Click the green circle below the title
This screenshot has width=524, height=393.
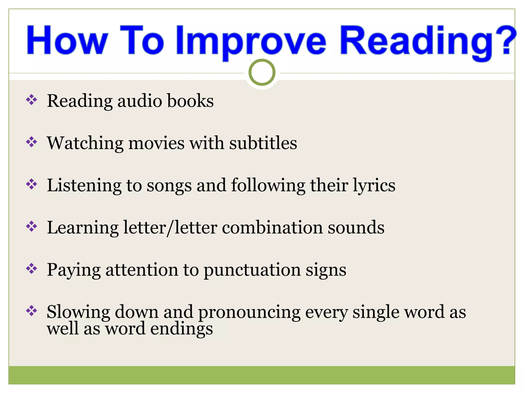tap(262, 72)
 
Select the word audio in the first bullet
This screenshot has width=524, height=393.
tap(139, 101)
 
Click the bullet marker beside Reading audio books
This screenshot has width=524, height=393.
tap(32, 100)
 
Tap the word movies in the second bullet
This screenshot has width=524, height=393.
tap(156, 143)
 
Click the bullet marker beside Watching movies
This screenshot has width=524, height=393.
tap(32, 142)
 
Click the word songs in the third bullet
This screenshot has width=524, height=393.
tap(169, 186)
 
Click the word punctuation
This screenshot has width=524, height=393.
tap(252, 270)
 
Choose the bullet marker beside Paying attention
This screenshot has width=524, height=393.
tap(32, 269)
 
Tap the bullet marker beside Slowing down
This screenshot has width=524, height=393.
tap(32, 311)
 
